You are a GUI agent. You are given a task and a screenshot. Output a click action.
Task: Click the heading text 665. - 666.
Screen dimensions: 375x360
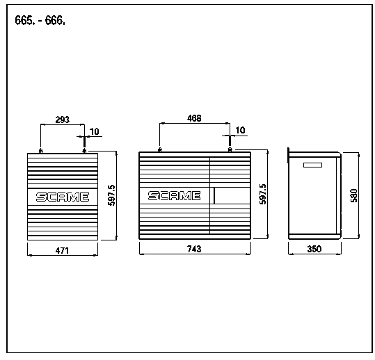pyautogui.click(x=40, y=20)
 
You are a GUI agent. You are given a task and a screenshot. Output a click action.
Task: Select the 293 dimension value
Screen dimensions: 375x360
pyautogui.click(x=63, y=120)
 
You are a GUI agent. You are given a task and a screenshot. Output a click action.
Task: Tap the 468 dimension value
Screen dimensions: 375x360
pyautogui.click(x=194, y=118)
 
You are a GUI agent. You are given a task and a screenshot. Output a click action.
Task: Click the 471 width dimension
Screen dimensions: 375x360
pyautogui.click(x=62, y=251)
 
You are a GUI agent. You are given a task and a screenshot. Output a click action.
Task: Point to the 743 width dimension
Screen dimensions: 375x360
pyautogui.click(x=194, y=249)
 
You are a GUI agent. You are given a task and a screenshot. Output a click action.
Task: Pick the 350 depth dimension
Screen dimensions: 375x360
pyautogui.click(x=314, y=249)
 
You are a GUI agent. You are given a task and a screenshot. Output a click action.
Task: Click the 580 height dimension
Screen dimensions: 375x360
pyautogui.click(x=354, y=196)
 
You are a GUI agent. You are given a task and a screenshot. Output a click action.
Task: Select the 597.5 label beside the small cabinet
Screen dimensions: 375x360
pyautogui.click(x=111, y=195)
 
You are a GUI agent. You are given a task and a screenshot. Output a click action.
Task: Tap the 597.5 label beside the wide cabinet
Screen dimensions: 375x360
pyautogui.click(x=263, y=194)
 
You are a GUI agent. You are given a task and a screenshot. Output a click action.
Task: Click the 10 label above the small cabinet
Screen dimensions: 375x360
pyautogui.click(x=94, y=131)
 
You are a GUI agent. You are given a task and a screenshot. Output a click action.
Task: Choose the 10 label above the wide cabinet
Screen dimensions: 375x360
pyautogui.click(x=240, y=130)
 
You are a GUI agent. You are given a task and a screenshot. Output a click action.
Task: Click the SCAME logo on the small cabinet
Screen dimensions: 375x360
pyautogui.click(x=63, y=197)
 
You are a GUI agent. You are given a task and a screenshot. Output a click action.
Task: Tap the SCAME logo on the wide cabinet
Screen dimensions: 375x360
pyautogui.click(x=175, y=196)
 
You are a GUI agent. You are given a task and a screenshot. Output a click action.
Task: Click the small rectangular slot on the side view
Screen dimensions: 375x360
pyautogui.click(x=312, y=165)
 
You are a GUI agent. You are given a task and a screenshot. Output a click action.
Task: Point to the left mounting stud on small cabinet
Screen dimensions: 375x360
pyautogui.click(x=40, y=151)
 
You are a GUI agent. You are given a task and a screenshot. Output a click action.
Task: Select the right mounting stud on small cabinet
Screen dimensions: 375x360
pyautogui.click(x=84, y=151)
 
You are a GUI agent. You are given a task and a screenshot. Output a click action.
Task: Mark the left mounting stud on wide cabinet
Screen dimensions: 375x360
pyautogui.click(x=160, y=150)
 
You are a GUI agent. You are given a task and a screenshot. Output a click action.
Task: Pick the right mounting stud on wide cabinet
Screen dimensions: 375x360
pyautogui.click(x=230, y=150)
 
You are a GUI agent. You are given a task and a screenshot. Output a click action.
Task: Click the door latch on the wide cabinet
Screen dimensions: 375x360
pyautogui.click(x=214, y=196)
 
